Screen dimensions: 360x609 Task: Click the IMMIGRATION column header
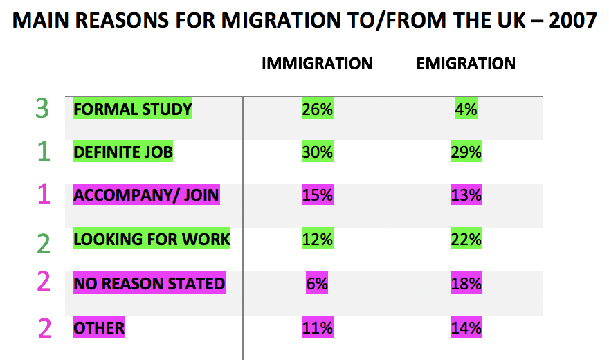click(317, 64)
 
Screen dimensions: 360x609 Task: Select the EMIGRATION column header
click(466, 64)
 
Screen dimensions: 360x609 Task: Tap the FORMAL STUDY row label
click(133, 109)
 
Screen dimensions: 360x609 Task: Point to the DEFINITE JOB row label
click(123, 152)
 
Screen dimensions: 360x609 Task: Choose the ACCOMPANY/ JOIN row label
click(147, 195)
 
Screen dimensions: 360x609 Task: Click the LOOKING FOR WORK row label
click(152, 240)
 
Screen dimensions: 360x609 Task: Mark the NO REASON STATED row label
click(149, 283)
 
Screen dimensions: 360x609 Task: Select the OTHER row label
click(99, 327)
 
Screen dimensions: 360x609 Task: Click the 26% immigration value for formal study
click(317, 109)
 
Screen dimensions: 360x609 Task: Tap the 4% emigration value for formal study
click(466, 109)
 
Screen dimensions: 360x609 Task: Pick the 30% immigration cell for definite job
click(317, 152)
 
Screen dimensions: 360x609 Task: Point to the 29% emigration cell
click(466, 152)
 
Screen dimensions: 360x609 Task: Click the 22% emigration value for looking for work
click(466, 240)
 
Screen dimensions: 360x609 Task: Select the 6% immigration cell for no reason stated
click(317, 283)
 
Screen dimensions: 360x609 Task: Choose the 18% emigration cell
click(466, 283)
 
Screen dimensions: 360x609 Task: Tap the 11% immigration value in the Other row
click(317, 327)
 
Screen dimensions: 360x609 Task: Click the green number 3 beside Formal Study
click(43, 109)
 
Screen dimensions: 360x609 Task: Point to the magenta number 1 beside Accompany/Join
click(44, 195)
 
